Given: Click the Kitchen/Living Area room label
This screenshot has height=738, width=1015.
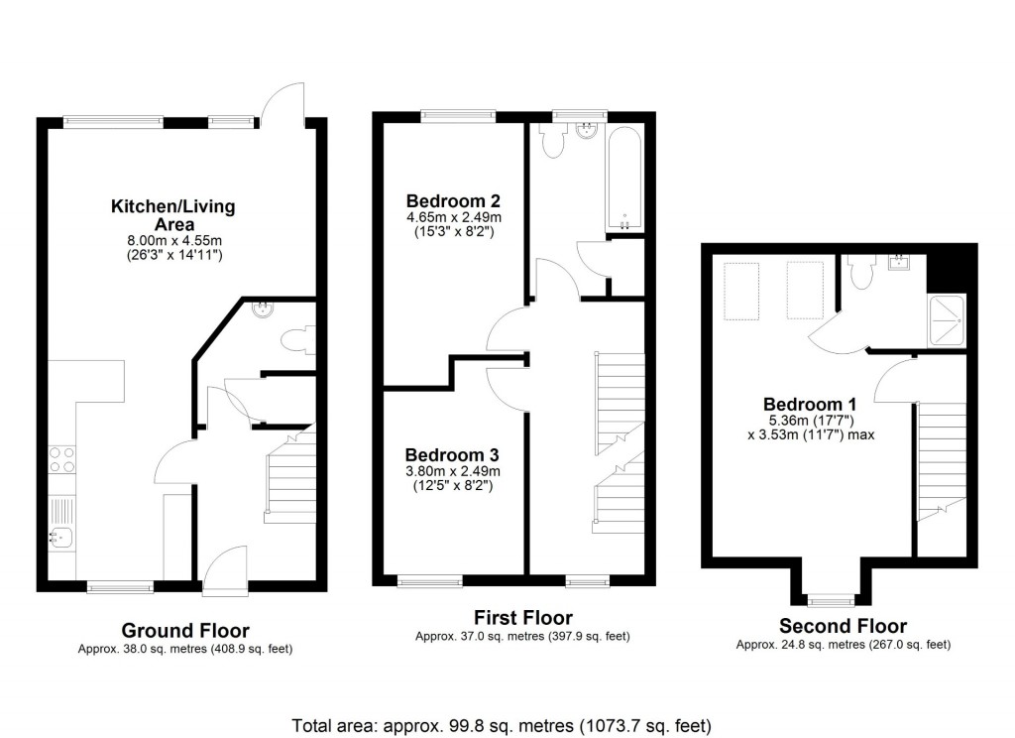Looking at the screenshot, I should click(x=172, y=215).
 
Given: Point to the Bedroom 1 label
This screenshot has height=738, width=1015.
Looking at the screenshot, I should click(x=810, y=405).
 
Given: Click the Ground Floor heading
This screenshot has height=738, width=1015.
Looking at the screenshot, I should click(x=184, y=630).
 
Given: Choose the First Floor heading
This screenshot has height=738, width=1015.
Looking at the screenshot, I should click(x=522, y=618).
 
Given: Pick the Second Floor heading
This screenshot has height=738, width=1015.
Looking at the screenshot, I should click(x=843, y=626).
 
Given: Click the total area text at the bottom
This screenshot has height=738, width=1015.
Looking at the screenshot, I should click(x=502, y=724).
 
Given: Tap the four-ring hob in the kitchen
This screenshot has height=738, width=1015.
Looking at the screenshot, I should click(x=61, y=458).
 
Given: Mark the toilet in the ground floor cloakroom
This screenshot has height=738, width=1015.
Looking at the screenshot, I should click(x=296, y=341).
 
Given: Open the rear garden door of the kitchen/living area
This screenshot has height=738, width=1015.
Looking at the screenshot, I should click(x=282, y=99).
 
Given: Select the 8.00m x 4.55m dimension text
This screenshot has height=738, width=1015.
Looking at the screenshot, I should click(x=172, y=240).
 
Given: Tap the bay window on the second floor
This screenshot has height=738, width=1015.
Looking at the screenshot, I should click(x=830, y=599).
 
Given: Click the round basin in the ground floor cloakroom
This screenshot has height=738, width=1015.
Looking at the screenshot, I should click(x=263, y=308).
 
